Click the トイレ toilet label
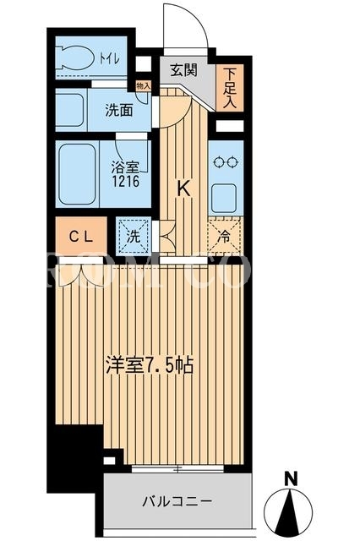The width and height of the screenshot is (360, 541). [110, 58]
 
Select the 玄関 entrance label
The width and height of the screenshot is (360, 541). [183, 70]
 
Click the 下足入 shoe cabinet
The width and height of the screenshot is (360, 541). [230, 88]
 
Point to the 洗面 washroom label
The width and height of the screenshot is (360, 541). [119, 110]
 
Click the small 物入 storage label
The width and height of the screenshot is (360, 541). [143, 86]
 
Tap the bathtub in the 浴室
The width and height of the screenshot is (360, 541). [77, 174]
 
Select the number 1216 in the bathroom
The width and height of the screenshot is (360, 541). [125, 181]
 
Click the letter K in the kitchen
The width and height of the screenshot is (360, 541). [183, 189]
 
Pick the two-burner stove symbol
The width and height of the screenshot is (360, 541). [226, 161]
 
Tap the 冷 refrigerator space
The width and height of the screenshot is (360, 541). [226, 236]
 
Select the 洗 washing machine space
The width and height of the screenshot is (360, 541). [134, 237]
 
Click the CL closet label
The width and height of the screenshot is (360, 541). [81, 237]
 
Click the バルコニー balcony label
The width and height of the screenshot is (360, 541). [177, 500]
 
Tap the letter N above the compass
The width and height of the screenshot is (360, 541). [292, 478]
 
